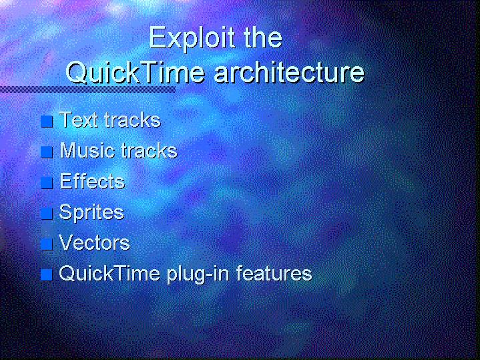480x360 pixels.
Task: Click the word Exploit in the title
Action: click(x=192, y=39)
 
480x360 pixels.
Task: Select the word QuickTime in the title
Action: click(x=136, y=73)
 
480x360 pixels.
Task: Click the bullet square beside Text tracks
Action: click(x=47, y=122)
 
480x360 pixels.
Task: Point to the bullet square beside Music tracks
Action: click(x=47, y=152)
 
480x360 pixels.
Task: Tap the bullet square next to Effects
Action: click(x=47, y=182)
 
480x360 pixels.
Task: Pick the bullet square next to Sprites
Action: click(x=47, y=213)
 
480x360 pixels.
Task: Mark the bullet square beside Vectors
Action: click(x=47, y=244)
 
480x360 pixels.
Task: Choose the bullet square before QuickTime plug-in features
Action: click(x=47, y=275)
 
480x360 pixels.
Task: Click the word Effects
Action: click(x=92, y=181)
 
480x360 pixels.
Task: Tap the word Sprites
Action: click(x=91, y=212)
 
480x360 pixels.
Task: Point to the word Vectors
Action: click(x=94, y=242)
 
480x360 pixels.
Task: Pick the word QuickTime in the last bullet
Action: click(x=109, y=273)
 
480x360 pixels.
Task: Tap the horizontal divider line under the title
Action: click(x=88, y=89)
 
